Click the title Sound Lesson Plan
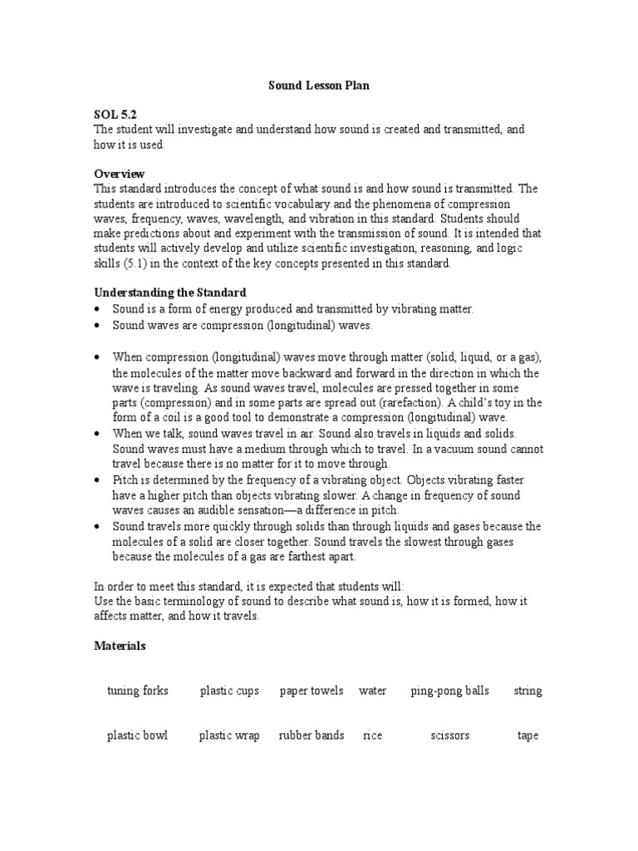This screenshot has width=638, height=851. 318,85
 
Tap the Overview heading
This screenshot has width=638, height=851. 119,174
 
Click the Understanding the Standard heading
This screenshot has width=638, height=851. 169,293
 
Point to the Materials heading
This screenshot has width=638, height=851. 120,645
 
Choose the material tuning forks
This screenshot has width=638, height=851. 138,691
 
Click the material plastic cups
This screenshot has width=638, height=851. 229,691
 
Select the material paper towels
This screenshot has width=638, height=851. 312,691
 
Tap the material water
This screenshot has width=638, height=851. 372,691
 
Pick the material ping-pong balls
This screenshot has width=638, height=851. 450,691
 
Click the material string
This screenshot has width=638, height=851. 528,691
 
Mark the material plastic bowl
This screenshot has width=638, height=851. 137,735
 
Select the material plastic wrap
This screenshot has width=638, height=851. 229,735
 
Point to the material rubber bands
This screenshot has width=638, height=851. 312,735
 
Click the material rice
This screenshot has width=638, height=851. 372,735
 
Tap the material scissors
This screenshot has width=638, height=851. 450,735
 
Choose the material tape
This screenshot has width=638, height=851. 528,735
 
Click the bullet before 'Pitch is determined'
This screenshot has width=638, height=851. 98,481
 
